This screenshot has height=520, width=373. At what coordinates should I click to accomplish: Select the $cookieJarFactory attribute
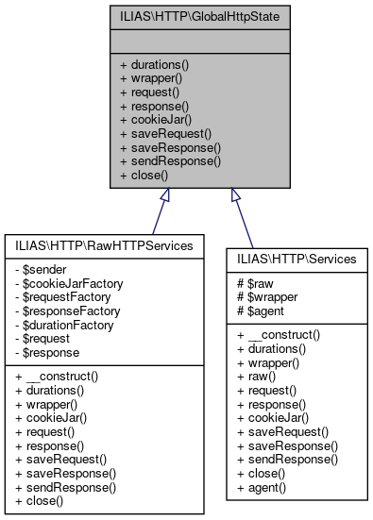[71, 282]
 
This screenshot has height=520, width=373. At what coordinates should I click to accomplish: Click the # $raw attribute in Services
[255, 283]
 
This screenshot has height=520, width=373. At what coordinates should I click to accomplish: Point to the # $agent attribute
[261, 310]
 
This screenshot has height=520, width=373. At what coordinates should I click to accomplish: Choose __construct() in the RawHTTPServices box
[63, 377]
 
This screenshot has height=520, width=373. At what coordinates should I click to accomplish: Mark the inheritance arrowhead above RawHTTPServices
[163, 195]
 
